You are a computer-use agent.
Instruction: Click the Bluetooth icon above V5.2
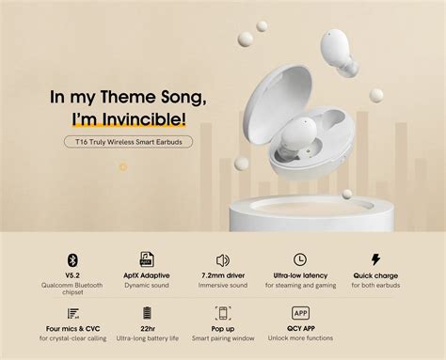[x=72, y=259]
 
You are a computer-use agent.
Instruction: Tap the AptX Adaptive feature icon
[x=146, y=259]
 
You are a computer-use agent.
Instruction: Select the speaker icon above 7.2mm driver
[x=223, y=259]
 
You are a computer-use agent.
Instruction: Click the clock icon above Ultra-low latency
[x=299, y=259]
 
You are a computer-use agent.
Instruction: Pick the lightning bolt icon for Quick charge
[x=374, y=259]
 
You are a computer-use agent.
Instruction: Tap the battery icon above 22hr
[x=147, y=313]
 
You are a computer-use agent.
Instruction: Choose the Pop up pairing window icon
[x=223, y=313]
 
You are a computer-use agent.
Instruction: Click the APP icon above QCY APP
[x=300, y=313]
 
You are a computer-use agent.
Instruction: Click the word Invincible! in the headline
[x=146, y=119]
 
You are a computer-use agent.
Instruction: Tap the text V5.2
[x=72, y=275]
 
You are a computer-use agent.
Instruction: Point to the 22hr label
[x=147, y=329]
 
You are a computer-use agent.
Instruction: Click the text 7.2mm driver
[x=223, y=275]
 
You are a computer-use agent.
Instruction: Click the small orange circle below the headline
[x=122, y=167]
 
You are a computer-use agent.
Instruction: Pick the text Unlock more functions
[x=300, y=338]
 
